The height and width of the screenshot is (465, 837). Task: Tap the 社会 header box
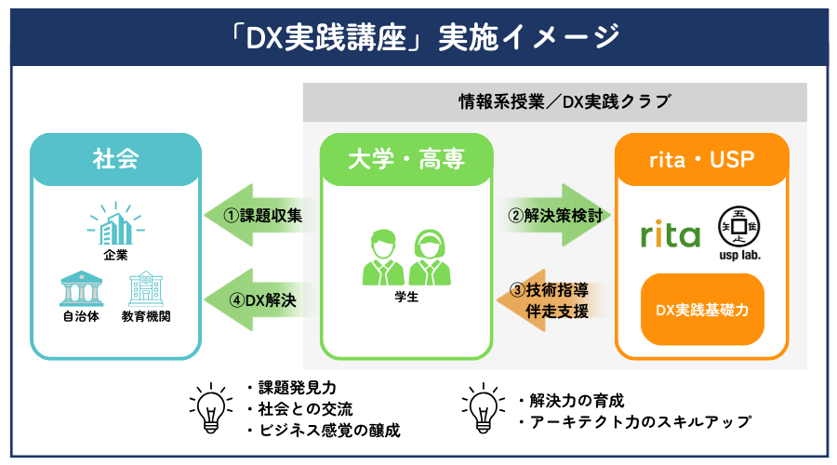coord(115,158)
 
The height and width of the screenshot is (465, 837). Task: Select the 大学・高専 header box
coord(405,158)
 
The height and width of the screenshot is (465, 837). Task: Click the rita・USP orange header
coord(702,158)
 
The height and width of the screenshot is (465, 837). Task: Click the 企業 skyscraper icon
coord(115,223)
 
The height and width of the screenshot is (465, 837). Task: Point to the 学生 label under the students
coord(405,298)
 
